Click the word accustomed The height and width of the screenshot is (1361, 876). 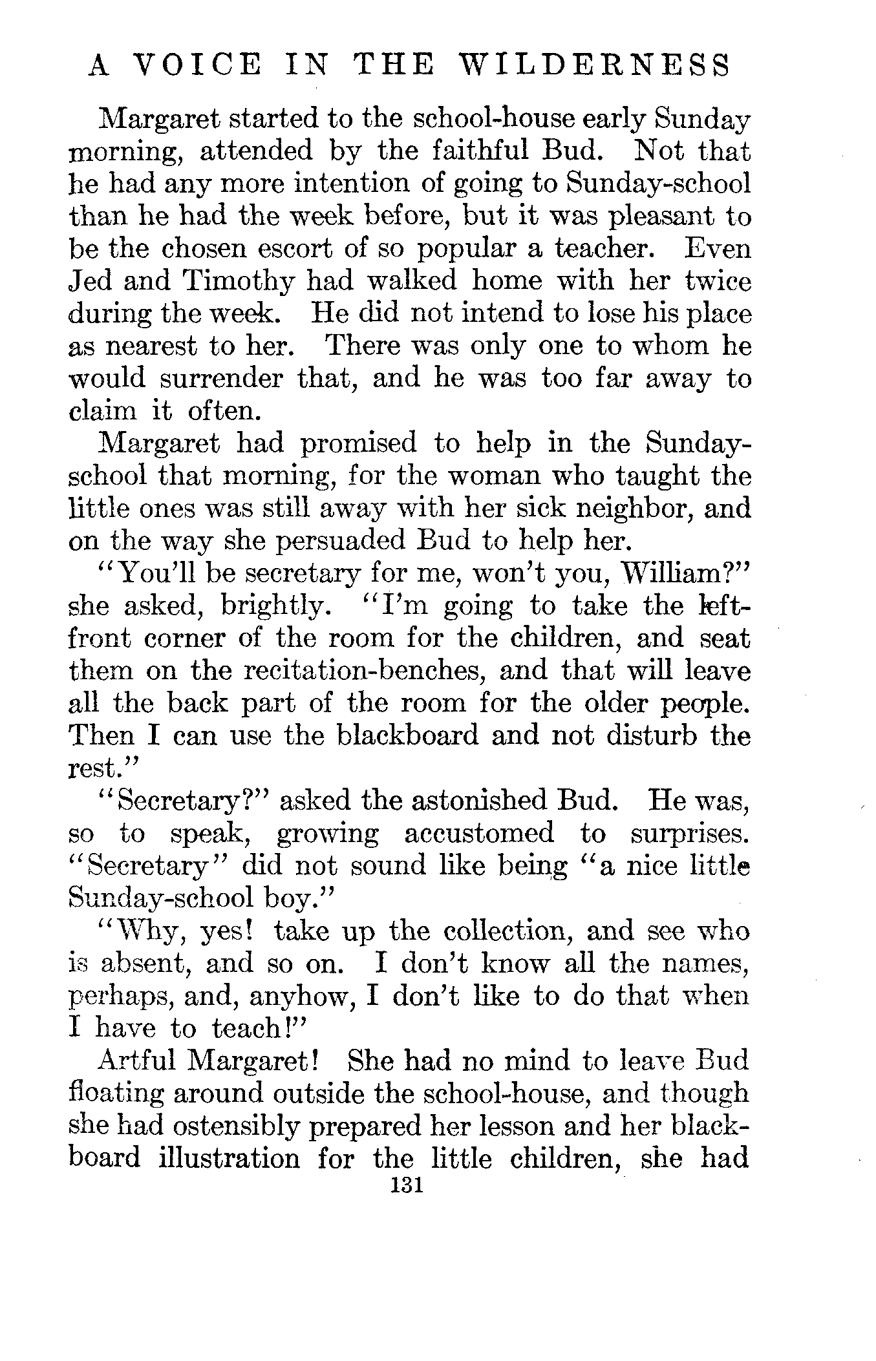pyautogui.click(x=479, y=834)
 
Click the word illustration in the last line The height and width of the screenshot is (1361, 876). pyautogui.click(x=230, y=1158)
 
